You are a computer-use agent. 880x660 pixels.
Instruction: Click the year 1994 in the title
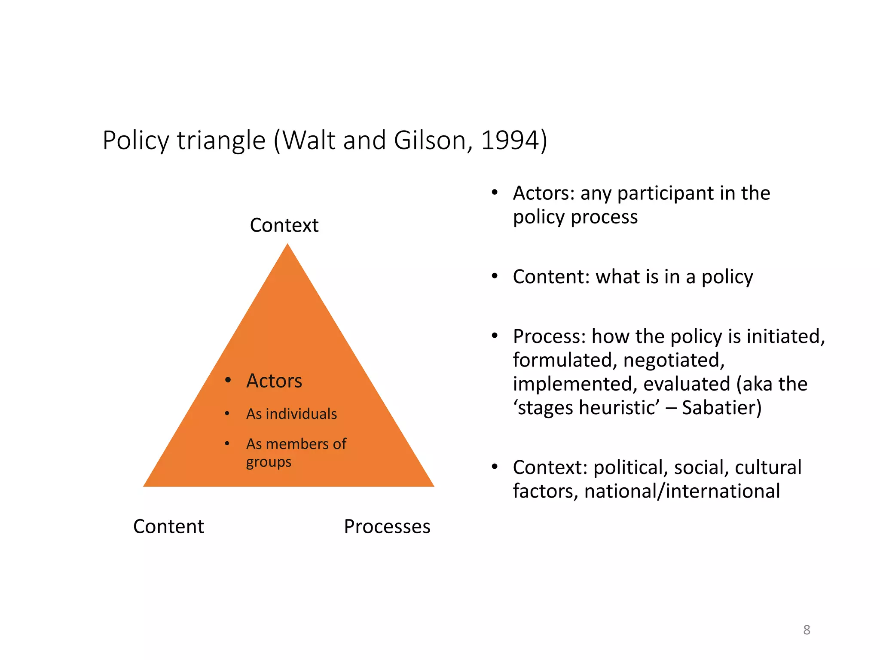(509, 140)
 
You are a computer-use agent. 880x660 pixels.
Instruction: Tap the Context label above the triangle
(284, 225)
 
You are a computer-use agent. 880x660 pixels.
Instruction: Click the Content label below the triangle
(168, 526)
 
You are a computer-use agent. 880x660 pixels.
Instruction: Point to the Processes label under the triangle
(387, 526)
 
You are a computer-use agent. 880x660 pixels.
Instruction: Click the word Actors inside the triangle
(274, 381)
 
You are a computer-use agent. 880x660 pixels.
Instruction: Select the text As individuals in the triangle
(291, 414)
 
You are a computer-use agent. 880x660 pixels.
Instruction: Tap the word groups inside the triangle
(269, 462)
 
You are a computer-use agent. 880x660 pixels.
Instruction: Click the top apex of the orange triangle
(287, 246)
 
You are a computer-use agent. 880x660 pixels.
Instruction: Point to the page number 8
(807, 630)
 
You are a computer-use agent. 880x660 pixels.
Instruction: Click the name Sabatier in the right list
(718, 407)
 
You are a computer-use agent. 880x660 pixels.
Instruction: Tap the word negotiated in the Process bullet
(673, 360)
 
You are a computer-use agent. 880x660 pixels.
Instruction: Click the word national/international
(682, 491)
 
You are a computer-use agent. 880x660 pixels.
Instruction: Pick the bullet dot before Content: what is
(495, 276)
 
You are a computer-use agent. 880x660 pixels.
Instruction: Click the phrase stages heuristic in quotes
(587, 407)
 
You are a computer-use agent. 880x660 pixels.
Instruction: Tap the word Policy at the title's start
(136, 140)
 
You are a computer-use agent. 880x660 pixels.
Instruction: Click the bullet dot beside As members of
(227, 443)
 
